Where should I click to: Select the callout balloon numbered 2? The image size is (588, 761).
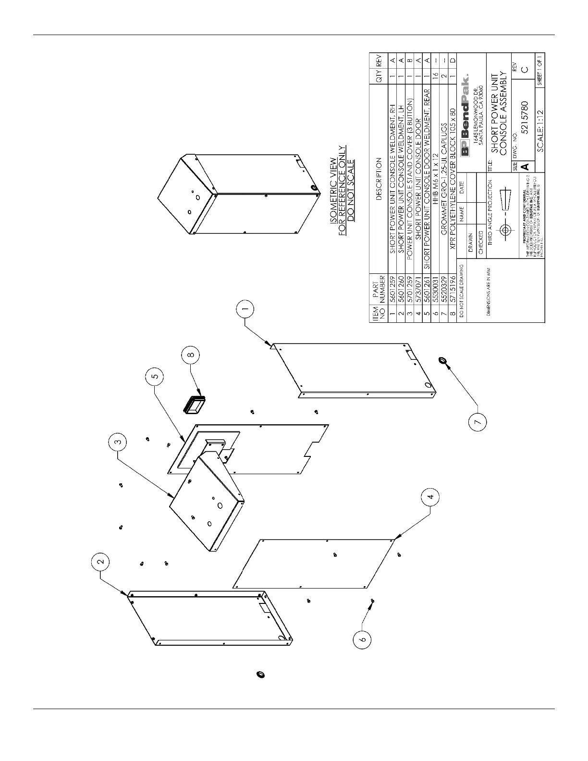point(100,561)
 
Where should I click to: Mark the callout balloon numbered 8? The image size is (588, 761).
point(190,355)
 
